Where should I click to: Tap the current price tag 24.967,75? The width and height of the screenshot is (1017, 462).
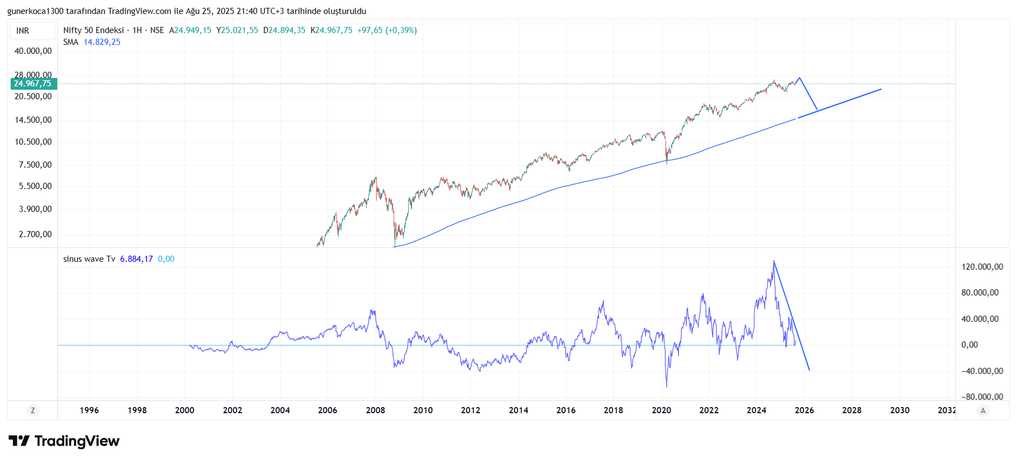(x=33, y=84)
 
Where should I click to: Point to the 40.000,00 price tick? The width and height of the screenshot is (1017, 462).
(x=33, y=51)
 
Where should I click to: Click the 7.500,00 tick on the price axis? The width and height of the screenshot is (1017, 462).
(x=35, y=165)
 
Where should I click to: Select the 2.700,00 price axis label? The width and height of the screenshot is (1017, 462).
(x=35, y=234)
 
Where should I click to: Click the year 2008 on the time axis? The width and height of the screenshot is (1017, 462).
(x=375, y=410)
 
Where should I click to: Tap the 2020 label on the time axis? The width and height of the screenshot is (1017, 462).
(x=661, y=410)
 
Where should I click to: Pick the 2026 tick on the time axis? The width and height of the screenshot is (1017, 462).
(x=804, y=410)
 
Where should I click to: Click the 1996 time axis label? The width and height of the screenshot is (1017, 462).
(x=89, y=410)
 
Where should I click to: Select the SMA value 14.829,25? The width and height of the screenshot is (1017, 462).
(x=102, y=42)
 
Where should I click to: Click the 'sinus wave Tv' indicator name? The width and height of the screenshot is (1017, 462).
(x=89, y=259)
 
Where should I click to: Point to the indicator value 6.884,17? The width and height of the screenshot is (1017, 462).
(x=136, y=259)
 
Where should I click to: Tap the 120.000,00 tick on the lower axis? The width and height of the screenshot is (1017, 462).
(x=982, y=267)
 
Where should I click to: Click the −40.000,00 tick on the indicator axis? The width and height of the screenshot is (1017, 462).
(x=982, y=371)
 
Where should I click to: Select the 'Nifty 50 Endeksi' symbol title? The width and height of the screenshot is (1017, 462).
(x=93, y=30)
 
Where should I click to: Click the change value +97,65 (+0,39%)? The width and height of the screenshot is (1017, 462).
(x=387, y=30)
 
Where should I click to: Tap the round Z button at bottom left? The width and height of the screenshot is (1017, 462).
(x=33, y=410)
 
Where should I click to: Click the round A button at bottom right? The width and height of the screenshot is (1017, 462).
(x=982, y=410)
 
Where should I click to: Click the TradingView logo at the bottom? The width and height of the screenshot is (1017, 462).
(x=64, y=441)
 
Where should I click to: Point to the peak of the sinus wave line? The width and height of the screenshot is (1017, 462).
(x=774, y=261)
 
